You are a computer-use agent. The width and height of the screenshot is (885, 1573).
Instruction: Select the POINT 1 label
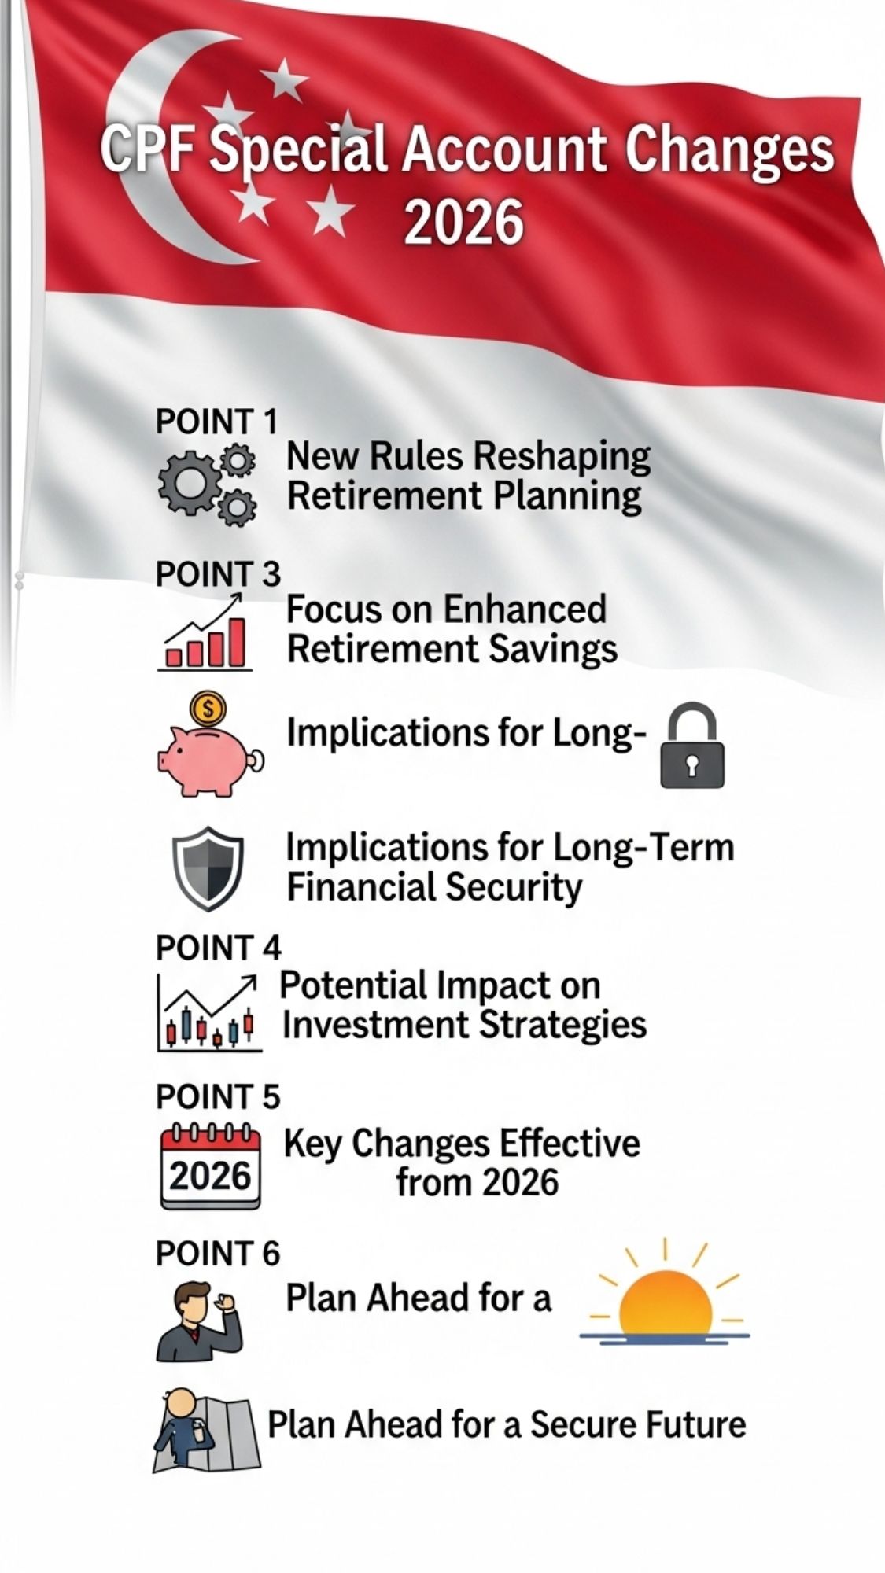click(216, 422)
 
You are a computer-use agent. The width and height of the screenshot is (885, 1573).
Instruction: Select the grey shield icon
click(208, 868)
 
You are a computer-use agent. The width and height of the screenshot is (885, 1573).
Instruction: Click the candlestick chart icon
click(208, 1012)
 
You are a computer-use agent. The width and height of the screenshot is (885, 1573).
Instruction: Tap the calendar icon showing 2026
click(210, 1166)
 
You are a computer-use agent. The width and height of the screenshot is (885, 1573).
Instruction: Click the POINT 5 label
click(218, 1096)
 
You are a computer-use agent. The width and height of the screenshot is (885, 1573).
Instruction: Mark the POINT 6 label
click(218, 1253)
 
